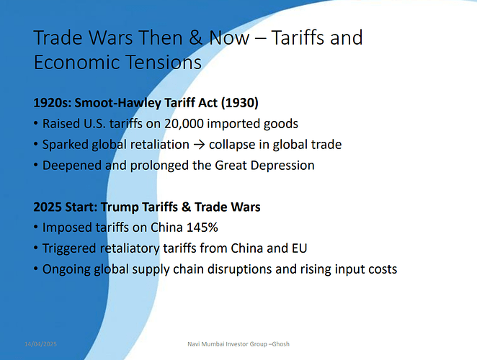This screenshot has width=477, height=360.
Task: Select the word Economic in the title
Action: coord(77,62)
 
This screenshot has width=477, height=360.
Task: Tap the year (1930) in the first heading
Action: coord(240,103)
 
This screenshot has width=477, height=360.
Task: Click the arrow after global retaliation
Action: coord(199,145)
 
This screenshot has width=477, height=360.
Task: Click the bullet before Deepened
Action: coord(36,165)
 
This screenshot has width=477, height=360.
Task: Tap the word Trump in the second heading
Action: coord(120,207)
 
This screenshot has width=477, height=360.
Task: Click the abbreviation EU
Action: coord(299,248)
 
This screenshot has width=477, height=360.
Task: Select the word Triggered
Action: coord(69,248)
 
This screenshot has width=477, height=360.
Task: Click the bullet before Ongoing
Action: coord(36,269)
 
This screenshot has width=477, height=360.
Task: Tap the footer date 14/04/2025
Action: coord(40,344)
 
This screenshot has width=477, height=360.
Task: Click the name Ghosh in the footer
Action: coord(280,344)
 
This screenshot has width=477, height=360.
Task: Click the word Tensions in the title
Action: coord(164,62)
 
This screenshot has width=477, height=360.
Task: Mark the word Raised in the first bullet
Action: coord(59,124)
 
